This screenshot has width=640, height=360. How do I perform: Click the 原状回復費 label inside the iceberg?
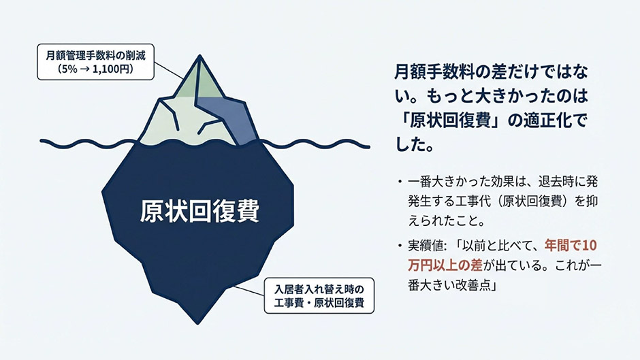pos(199,211)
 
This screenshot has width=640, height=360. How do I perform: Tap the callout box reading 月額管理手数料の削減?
pos(95,62)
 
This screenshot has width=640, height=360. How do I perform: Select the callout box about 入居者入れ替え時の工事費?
pos(319,295)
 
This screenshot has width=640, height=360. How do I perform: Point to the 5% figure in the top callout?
pos(67,69)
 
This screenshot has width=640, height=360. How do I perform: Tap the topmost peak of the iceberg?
pos(199,56)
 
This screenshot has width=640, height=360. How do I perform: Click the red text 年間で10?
pos(571,245)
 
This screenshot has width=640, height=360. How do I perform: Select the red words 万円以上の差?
pos(445,265)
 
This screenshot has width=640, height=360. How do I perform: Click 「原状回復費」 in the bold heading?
pos(450,121)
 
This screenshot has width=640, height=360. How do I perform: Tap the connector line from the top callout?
pos(169,71)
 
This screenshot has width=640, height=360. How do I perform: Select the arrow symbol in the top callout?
pos(84,69)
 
